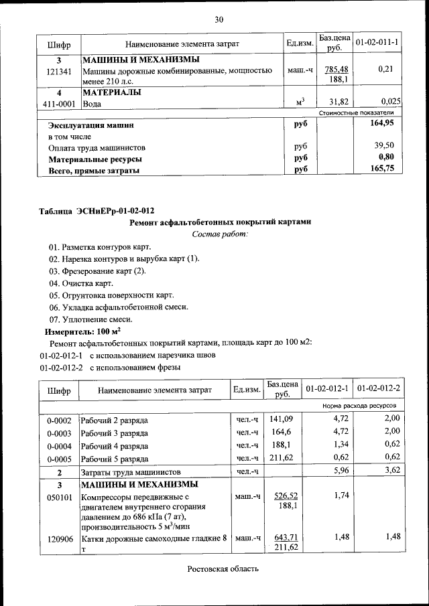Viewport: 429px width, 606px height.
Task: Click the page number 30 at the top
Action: coord(219,19)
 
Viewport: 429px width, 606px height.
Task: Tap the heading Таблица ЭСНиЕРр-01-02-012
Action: coord(92,211)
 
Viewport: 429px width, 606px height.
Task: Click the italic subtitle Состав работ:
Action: coord(219,234)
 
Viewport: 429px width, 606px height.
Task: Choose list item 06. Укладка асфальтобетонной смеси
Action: coord(118,307)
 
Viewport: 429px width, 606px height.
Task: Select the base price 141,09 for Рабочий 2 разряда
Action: coord(282,419)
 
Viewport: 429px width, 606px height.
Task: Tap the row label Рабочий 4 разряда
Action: coord(115,445)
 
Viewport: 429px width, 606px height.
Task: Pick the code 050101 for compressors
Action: coord(59,497)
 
